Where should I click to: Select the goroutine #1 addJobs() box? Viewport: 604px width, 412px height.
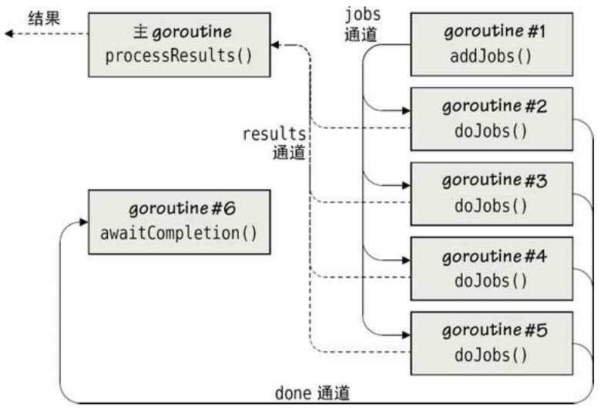(x=492, y=44)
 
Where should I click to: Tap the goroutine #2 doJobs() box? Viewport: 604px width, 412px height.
(x=492, y=119)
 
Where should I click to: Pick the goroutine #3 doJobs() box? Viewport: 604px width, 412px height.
(x=492, y=193)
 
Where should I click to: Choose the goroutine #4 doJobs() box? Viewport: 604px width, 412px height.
(x=492, y=267)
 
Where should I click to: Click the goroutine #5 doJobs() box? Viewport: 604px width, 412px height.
(x=492, y=342)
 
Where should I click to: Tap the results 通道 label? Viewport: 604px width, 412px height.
(x=276, y=143)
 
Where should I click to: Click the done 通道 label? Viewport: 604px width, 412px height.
(x=312, y=393)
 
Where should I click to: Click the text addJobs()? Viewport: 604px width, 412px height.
(x=492, y=56)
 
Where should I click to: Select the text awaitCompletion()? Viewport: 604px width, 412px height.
(x=179, y=233)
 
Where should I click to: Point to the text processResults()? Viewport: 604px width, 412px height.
(x=179, y=56)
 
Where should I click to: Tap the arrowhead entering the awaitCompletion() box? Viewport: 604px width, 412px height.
(x=84, y=221)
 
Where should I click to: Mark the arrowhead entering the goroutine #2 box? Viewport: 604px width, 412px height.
(x=405, y=110)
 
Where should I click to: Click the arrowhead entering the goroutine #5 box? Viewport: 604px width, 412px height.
(x=405, y=333)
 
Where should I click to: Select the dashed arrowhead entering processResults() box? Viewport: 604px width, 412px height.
(x=276, y=46)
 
